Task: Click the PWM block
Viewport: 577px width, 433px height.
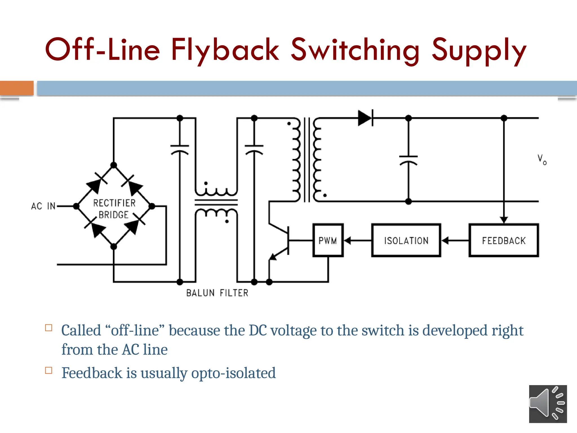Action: [328, 240]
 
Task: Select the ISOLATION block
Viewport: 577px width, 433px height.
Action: [406, 240]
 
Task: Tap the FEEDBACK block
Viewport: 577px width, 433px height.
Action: [504, 240]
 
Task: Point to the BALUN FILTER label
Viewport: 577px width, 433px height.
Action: [217, 293]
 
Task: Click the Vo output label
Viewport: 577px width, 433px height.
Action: [542, 160]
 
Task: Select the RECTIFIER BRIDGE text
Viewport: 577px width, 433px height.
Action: [114, 209]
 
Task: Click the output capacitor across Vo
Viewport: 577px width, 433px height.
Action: [408, 160]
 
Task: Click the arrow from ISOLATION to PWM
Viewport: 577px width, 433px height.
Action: [357, 240]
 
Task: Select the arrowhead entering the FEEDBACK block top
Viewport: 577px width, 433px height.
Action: [504, 220]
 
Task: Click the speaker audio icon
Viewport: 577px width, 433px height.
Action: [548, 404]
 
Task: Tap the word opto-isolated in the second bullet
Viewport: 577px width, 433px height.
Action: [233, 373]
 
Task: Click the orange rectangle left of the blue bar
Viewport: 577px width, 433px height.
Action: [17, 88]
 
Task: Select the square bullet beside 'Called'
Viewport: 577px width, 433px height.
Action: [49, 328]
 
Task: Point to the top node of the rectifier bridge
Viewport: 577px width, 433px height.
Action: [114, 165]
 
